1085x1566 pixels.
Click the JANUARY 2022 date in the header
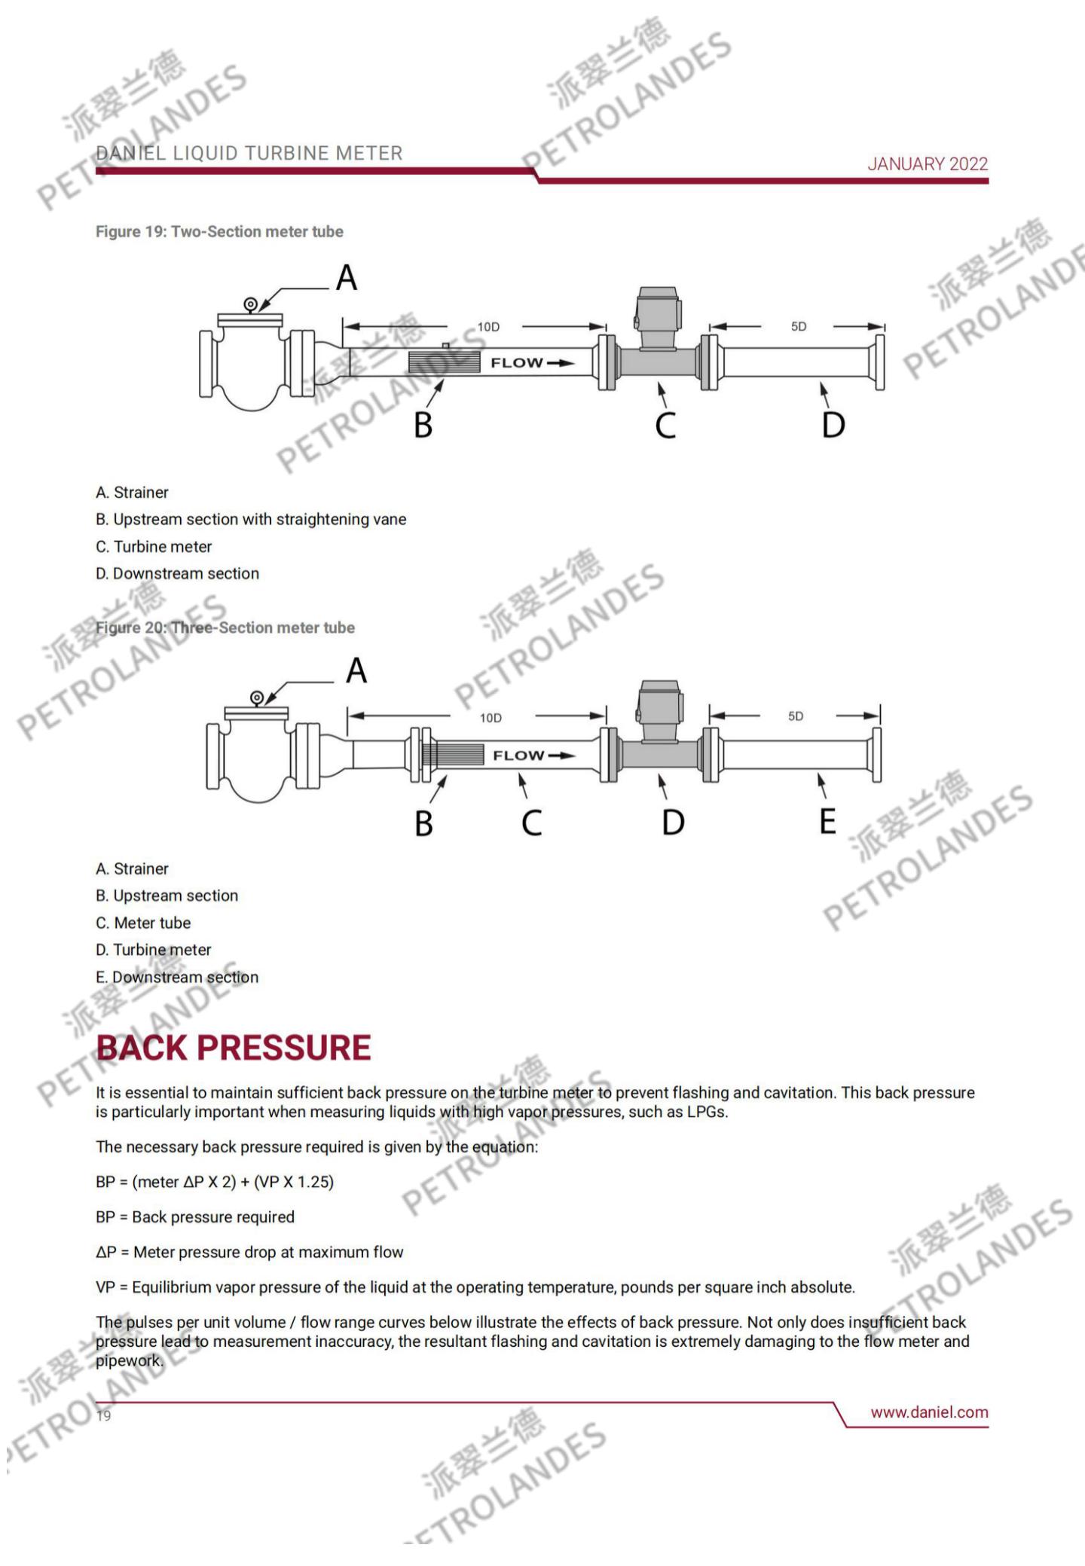click(927, 164)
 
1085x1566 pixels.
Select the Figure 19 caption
click(219, 232)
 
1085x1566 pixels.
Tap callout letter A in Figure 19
click(347, 278)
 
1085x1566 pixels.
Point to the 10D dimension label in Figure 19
click(488, 327)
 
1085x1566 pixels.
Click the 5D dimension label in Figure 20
click(796, 716)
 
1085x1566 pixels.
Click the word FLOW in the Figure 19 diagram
click(517, 363)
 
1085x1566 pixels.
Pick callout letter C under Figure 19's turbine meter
click(665, 426)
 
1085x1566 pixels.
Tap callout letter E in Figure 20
click(827, 821)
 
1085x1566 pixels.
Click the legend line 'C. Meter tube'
click(143, 923)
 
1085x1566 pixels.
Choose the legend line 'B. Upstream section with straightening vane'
click(251, 520)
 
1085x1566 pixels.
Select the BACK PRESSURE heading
click(234, 1048)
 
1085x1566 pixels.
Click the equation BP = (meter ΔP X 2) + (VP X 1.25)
click(215, 1182)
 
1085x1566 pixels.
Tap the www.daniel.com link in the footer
click(929, 1412)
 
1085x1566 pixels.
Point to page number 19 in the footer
click(103, 1416)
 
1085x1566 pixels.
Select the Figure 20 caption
click(225, 628)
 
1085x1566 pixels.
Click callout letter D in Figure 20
click(673, 822)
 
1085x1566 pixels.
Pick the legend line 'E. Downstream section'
click(177, 977)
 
